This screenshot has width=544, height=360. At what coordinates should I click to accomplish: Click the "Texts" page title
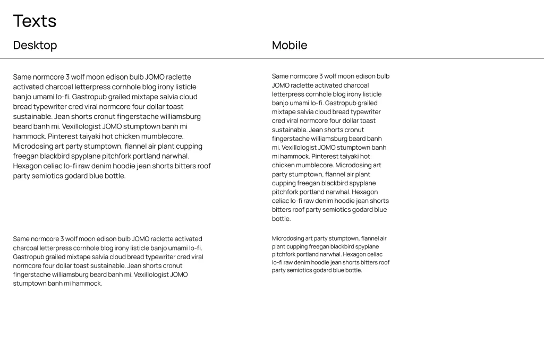pyautogui.click(x=35, y=21)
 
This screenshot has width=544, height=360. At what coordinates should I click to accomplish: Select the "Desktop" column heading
pyautogui.click(x=35, y=45)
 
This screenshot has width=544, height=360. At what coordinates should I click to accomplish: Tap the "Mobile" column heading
pyautogui.click(x=290, y=45)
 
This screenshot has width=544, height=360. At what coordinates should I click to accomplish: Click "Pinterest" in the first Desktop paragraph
pyautogui.click(x=64, y=136)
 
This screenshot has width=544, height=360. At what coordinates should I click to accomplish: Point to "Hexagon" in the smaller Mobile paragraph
pyautogui.click(x=364, y=254)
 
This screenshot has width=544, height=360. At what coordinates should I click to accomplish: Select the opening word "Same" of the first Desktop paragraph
pyautogui.click(x=22, y=77)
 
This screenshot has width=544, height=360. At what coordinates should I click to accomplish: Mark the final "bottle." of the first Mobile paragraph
pyautogui.click(x=282, y=219)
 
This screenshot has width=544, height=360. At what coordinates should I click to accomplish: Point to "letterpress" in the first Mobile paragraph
pyautogui.click(x=288, y=95)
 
